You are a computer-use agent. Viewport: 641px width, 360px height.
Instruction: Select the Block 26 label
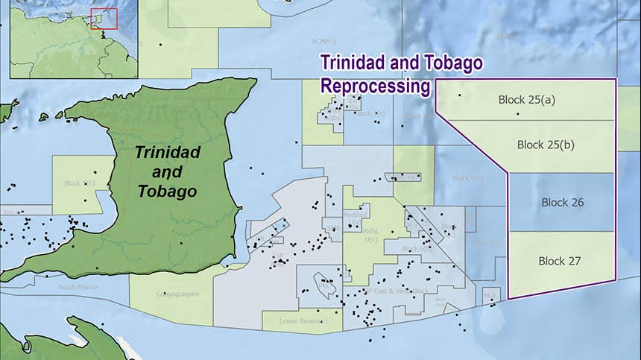(x=562, y=203)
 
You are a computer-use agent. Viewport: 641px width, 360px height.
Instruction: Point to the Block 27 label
(x=559, y=261)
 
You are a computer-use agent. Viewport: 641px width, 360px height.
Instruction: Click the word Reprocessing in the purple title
(x=376, y=86)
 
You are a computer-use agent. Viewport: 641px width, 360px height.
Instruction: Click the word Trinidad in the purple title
(x=355, y=63)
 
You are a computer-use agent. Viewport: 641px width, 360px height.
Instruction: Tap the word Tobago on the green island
(x=167, y=192)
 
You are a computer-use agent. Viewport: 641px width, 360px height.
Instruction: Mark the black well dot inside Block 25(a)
(x=460, y=95)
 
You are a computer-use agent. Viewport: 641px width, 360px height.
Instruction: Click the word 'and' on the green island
(x=167, y=171)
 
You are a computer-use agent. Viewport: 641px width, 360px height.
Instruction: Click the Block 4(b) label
(x=469, y=178)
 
